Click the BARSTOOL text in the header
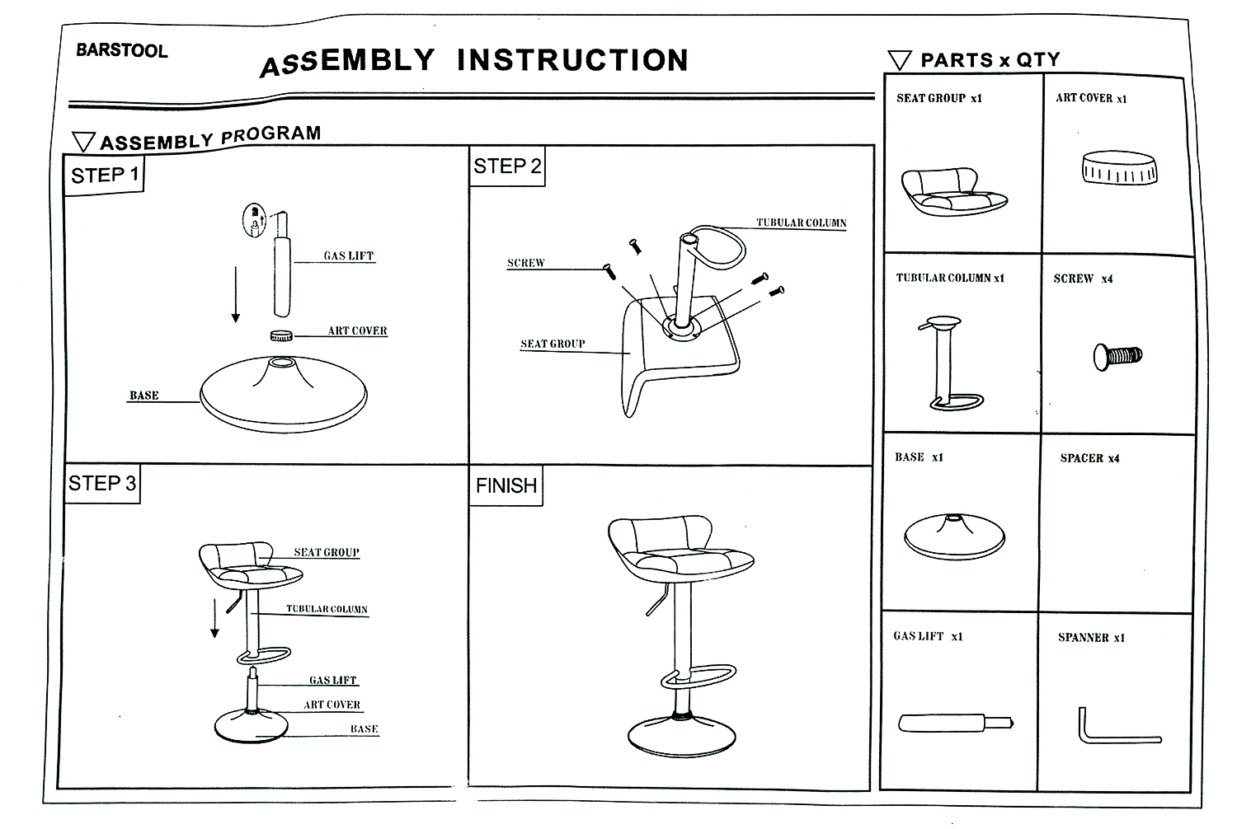tap(121, 50)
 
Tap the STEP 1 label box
tap(105, 176)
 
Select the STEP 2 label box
tap(507, 166)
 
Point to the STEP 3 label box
tap(102, 484)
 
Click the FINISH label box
tap(506, 486)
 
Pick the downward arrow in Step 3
tap(215, 618)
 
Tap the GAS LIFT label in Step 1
tap(348, 256)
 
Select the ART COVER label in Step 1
tap(357, 330)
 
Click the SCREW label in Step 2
tap(525, 263)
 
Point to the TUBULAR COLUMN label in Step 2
tap(801, 222)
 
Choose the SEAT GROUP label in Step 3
tap(327, 552)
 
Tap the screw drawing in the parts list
tap(1117, 357)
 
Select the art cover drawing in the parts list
tap(1118, 168)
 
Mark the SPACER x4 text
tap(1089, 458)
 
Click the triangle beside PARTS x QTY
tap(900, 60)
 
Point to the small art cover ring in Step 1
tap(282, 335)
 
